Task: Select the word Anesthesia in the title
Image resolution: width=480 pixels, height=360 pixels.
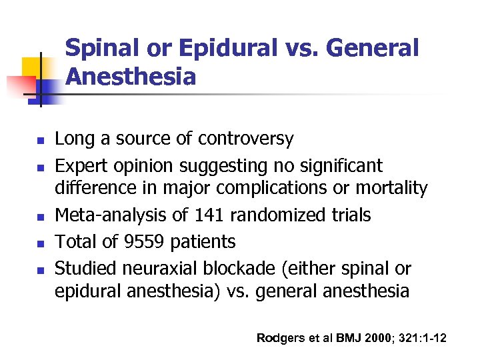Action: click(131, 77)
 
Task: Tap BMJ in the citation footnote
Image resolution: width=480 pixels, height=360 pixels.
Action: click(345, 338)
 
